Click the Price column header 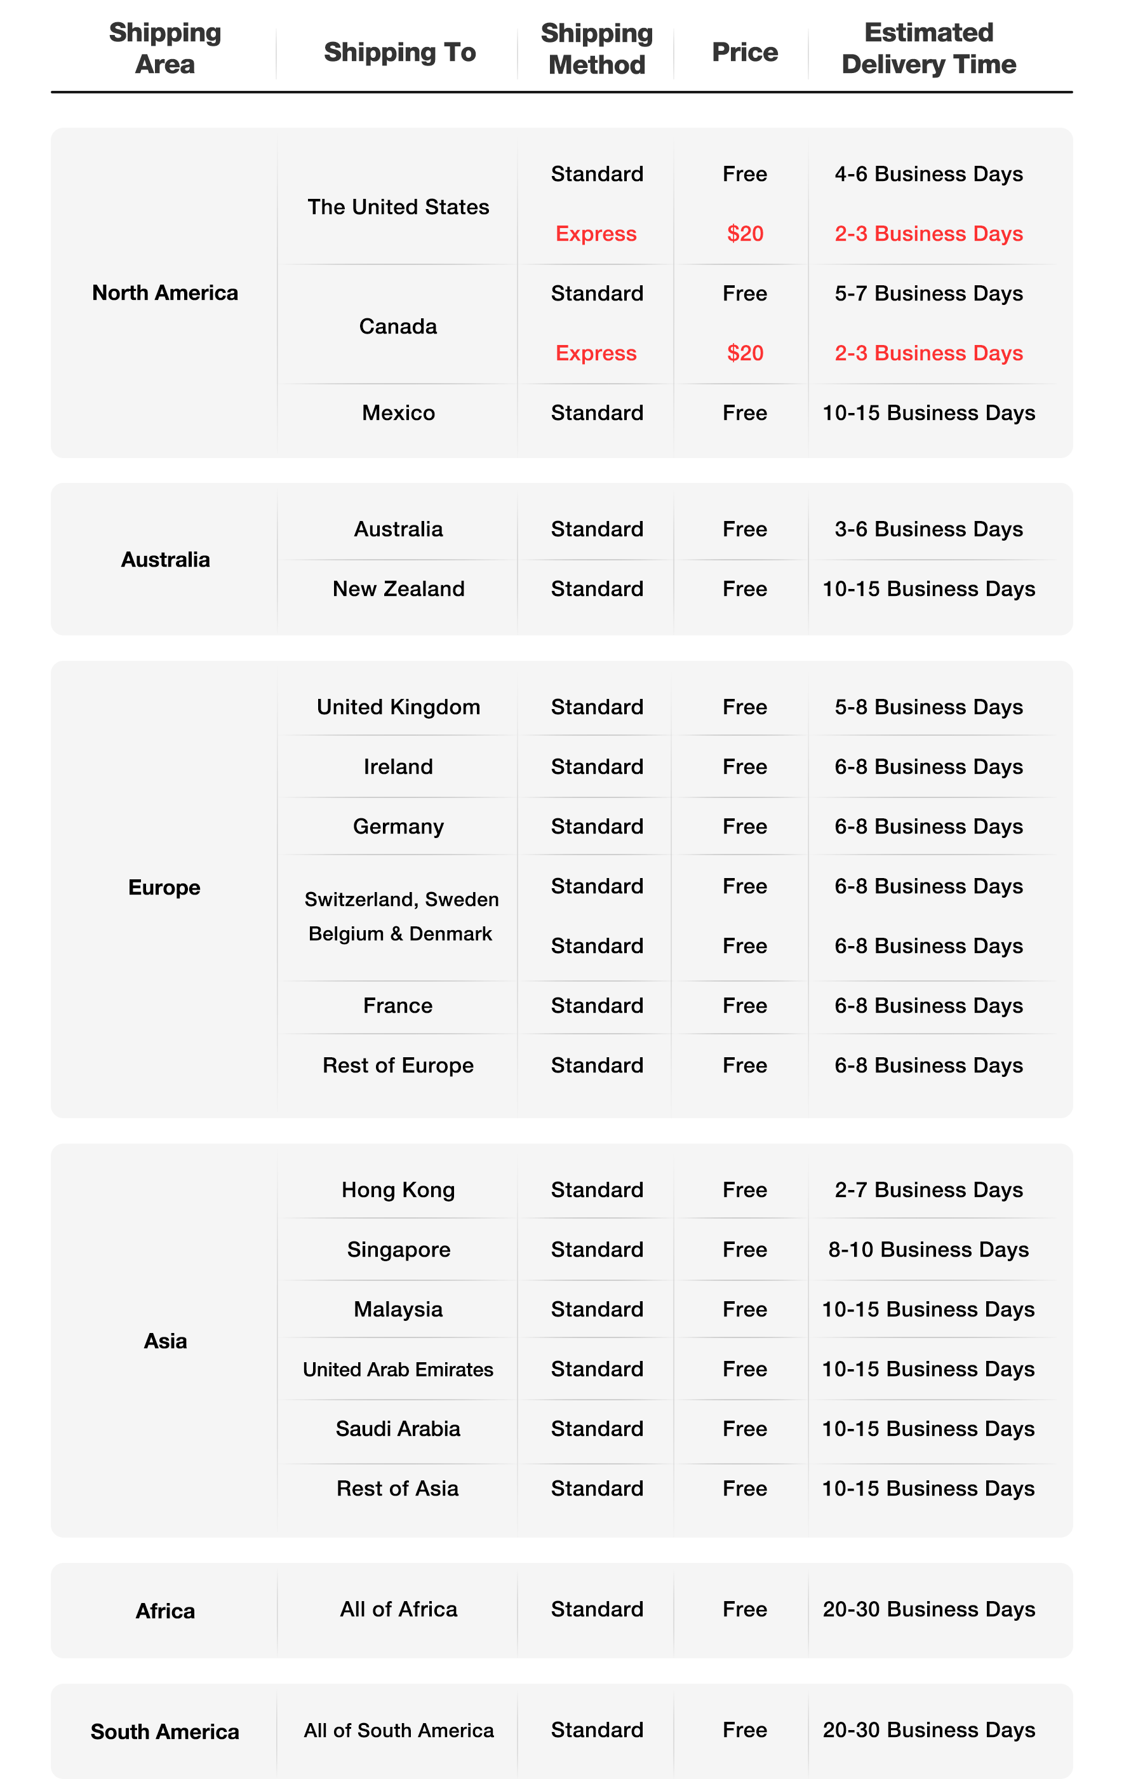click(744, 51)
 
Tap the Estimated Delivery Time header click(928, 49)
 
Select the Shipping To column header click(399, 51)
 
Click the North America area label click(164, 292)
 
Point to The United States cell click(398, 207)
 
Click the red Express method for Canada click(596, 353)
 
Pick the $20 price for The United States click(744, 233)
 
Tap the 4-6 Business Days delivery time click(928, 173)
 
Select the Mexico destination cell click(398, 412)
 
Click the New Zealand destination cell click(398, 589)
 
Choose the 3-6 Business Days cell click(928, 529)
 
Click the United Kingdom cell click(398, 707)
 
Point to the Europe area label click(164, 888)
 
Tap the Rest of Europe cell click(398, 1065)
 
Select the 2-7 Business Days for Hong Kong click(928, 1189)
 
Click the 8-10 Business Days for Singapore click(928, 1249)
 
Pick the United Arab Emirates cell click(398, 1369)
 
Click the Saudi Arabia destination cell click(398, 1429)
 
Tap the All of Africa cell click(398, 1609)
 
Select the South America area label click(164, 1732)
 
